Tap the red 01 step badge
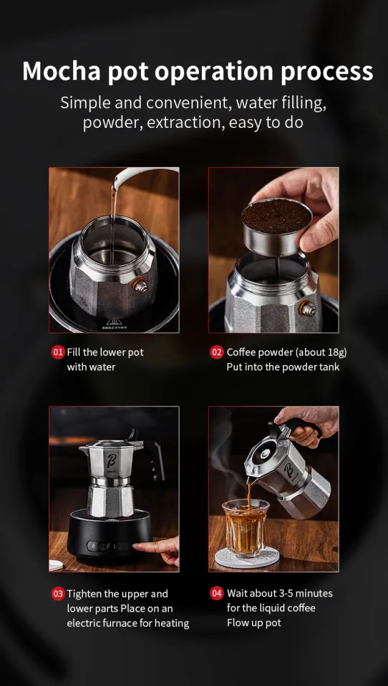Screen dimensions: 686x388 coord(57,352)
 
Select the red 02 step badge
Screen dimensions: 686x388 coord(216,352)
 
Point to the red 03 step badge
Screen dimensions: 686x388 coord(57,593)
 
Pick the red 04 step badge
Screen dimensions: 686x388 coord(216,593)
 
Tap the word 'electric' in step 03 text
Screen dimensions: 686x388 coord(85,623)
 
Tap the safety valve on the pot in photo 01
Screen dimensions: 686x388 coord(140,286)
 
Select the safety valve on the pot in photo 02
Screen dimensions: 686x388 coord(309,309)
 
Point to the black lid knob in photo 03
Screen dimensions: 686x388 coord(131,434)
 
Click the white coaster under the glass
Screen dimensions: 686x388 coord(247,560)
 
